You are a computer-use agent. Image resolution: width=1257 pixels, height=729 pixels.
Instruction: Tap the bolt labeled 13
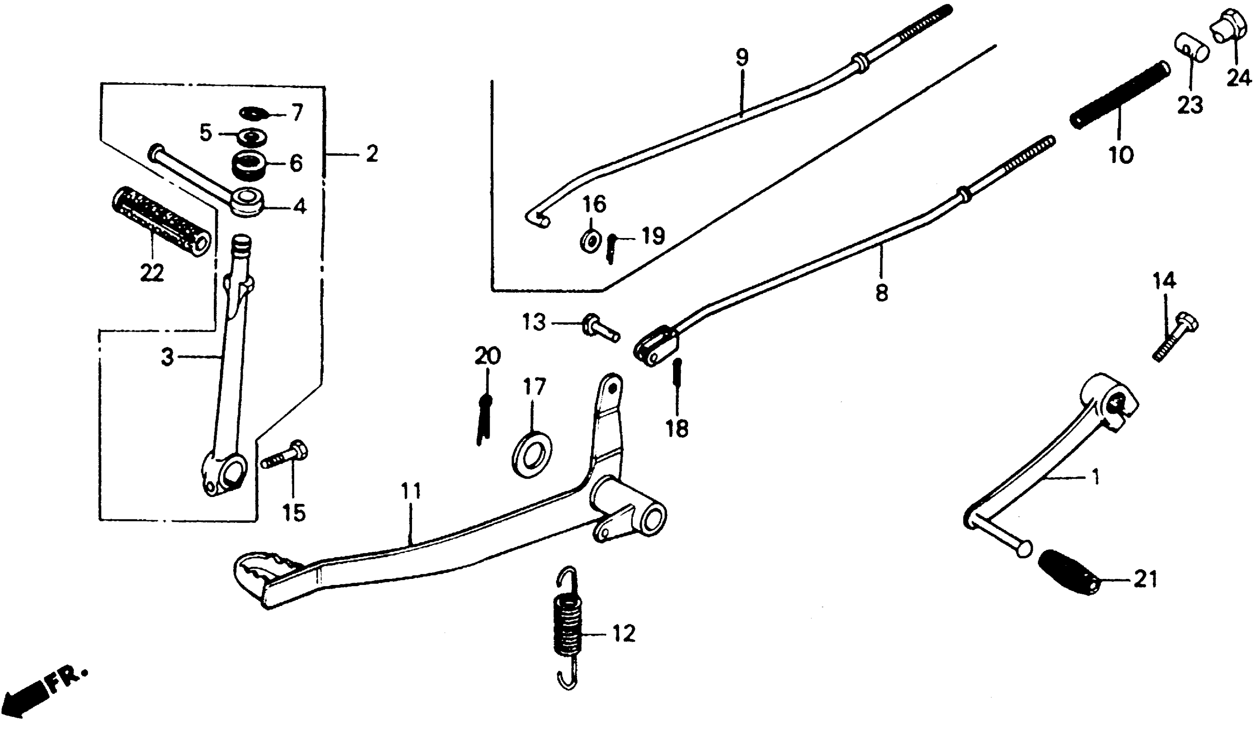(x=601, y=329)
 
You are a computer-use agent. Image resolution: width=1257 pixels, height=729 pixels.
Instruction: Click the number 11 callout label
(x=411, y=491)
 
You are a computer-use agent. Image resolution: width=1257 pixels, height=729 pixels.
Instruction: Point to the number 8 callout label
(x=881, y=292)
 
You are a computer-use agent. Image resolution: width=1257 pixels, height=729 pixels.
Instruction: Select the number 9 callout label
(x=742, y=58)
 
